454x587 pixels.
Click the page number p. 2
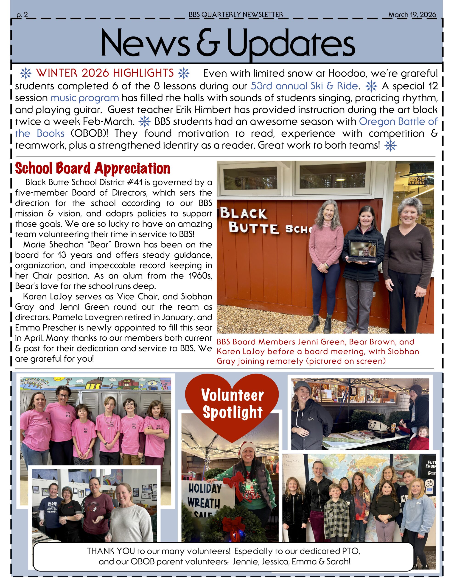point(22,15)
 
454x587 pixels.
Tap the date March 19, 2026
point(412,14)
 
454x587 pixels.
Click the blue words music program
point(84,98)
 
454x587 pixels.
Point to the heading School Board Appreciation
point(92,169)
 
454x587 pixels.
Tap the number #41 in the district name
point(135,183)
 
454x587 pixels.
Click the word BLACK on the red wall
point(244,213)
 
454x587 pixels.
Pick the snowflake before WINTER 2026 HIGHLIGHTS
point(26,73)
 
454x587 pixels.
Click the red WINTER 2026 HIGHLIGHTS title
point(105,73)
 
